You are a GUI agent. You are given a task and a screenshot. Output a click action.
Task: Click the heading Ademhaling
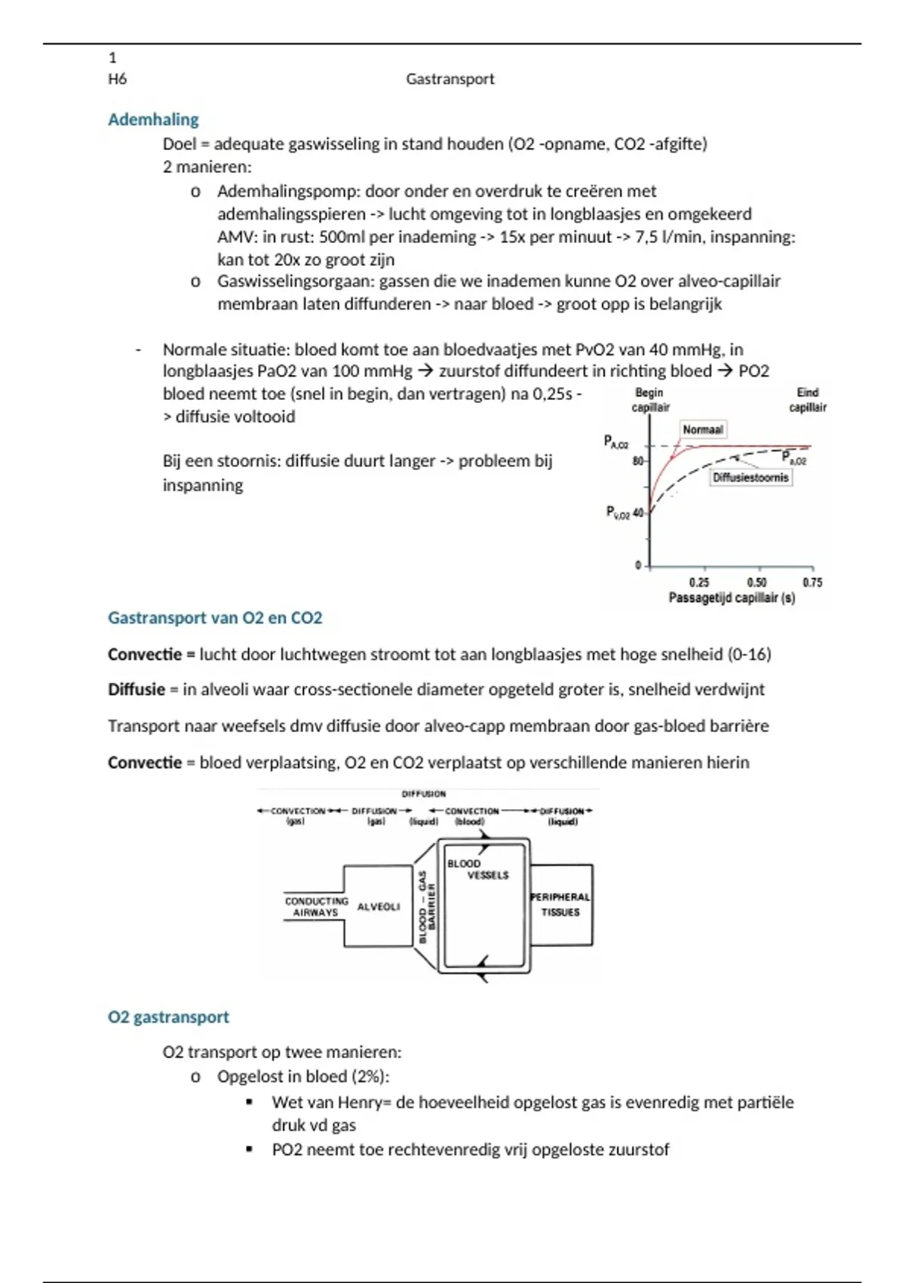pyautogui.click(x=153, y=119)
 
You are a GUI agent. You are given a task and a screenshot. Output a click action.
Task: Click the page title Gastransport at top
pyautogui.click(x=449, y=78)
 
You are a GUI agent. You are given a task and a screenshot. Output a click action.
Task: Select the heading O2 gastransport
pyautogui.click(x=168, y=1017)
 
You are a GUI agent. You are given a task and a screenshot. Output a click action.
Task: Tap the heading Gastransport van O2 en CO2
pyautogui.click(x=215, y=617)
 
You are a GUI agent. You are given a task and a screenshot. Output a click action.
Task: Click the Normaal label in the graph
pyautogui.click(x=702, y=429)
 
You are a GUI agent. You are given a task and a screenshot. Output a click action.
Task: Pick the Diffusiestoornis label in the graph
pyautogui.click(x=750, y=477)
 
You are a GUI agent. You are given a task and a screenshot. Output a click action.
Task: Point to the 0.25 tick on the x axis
pyautogui.click(x=699, y=582)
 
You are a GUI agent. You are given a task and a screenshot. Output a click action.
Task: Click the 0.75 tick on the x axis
pyautogui.click(x=812, y=582)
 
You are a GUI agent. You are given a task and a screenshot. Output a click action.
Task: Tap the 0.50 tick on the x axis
pyautogui.click(x=756, y=582)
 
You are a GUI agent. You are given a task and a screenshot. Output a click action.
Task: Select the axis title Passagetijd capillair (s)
pyautogui.click(x=732, y=598)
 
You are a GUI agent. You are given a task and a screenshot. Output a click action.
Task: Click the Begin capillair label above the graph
pyautogui.click(x=650, y=399)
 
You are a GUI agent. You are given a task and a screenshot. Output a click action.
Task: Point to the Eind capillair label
pyautogui.click(x=807, y=399)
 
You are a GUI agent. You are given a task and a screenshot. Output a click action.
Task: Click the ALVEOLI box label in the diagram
pyautogui.click(x=379, y=906)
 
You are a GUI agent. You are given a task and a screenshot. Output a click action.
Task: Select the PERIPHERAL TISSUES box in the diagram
pyautogui.click(x=560, y=904)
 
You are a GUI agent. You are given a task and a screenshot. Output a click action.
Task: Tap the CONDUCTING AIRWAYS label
pyautogui.click(x=316, y=906)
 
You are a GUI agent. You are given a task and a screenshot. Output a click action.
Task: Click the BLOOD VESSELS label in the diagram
pyautogui.click(x=477, y=869)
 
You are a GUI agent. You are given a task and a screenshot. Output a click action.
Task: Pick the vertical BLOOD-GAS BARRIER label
pyautogui.click(x=427, y=906)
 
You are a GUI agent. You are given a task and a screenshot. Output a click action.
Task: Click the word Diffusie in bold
pyautogui.click(x=137, y=689)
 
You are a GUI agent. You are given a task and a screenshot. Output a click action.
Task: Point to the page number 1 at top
pyautogui.click(x=113, y=57)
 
